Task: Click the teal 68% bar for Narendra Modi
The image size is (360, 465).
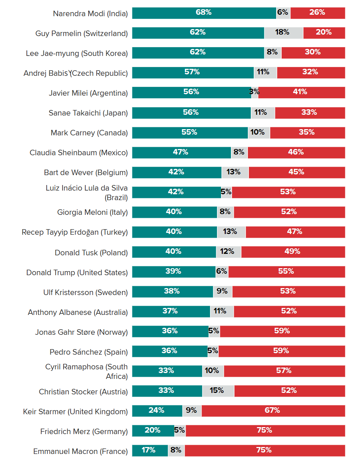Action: [204, 13]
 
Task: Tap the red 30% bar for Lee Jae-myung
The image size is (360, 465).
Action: [313, 53]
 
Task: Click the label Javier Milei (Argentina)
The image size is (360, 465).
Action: [88, 93]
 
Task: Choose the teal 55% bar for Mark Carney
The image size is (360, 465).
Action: [190, 133]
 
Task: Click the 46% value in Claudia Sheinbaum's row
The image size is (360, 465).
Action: [296, 152]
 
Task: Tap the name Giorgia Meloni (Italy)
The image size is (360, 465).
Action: [92, 212]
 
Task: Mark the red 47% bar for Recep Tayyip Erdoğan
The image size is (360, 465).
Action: [295, 232]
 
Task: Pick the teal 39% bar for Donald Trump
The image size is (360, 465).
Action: [174, 272]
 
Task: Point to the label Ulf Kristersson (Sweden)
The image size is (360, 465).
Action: [85, 292]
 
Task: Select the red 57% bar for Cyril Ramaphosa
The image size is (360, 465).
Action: [284, 371]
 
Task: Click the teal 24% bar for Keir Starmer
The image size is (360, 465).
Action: [157, 411]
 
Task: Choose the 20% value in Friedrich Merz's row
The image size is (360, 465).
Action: [153, 430]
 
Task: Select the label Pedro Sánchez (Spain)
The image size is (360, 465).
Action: [89, 352]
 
